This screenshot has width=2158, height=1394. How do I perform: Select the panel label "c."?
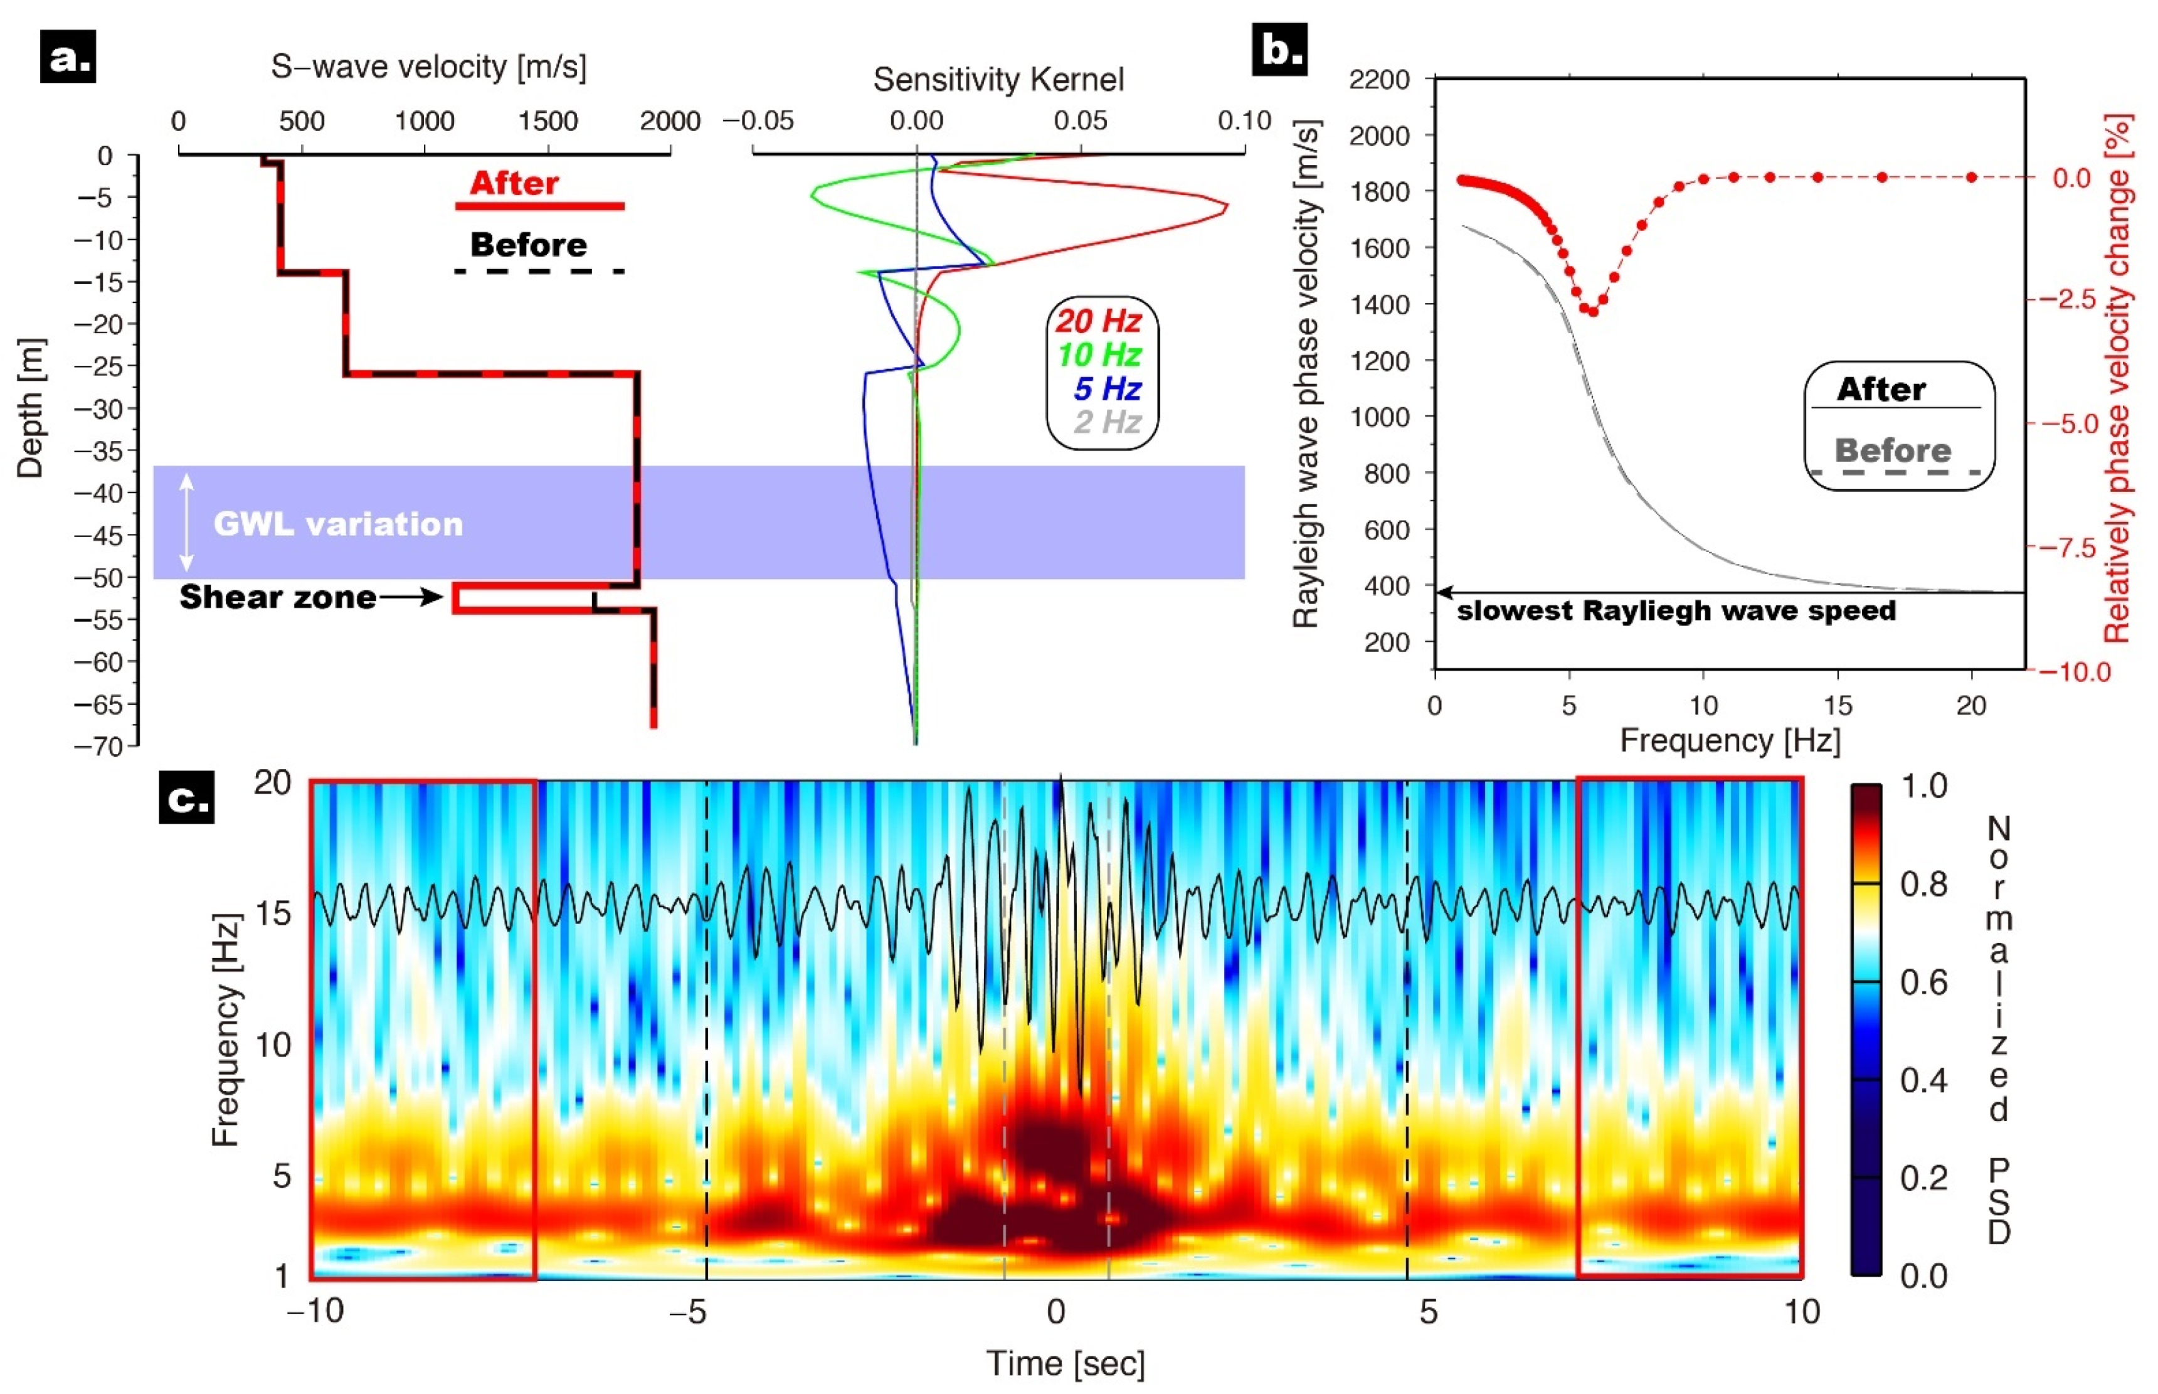(186, 797)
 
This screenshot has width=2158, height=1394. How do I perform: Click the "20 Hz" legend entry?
(1099, 321)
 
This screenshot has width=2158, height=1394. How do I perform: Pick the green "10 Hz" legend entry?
(1099, 354)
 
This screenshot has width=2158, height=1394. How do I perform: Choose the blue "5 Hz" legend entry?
(1107, 388)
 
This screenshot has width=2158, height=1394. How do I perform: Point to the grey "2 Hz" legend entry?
(1107, 422)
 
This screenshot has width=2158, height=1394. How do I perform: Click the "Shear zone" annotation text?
(278, 597)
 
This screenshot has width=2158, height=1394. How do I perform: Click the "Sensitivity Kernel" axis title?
(998, 80)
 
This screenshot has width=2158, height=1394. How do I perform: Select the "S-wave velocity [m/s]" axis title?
(429, 67)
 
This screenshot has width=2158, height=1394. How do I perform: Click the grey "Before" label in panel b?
(1893, 450)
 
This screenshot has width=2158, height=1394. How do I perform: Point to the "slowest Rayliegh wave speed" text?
(1676, 611)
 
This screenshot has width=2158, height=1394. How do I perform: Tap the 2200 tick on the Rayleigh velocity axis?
(1379, 80)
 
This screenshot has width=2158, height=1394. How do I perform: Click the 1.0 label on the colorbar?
(1923, 785)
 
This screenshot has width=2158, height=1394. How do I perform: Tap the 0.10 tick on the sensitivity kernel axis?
(1244, 120)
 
